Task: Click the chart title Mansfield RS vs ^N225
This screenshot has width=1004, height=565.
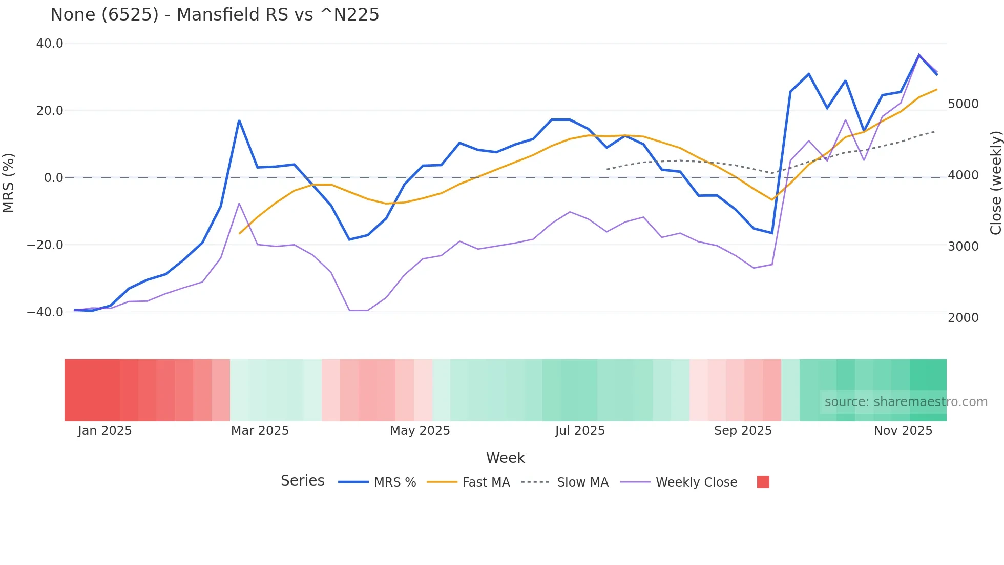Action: tap(215, 14)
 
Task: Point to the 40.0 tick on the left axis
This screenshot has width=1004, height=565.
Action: tap(50, 44)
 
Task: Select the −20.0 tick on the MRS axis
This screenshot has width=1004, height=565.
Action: tap(45, 245)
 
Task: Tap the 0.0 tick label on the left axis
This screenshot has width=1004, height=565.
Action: tap(53, 178)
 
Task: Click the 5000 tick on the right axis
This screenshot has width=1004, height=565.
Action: tap(963, 104)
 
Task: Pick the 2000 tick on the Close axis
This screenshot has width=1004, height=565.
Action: tap(963, 317)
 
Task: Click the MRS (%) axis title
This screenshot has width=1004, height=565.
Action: tap(9, 183)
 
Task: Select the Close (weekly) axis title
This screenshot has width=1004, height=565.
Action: tap(995, 183)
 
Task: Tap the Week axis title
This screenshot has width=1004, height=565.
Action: tap(505, 458)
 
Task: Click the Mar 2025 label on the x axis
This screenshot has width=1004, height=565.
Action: tap(260, 431)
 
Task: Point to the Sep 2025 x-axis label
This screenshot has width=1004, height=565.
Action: tap(743, 431)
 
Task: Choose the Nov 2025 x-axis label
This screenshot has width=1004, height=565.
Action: tap(903, 431)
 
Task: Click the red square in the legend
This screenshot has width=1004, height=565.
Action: tap(763, 482)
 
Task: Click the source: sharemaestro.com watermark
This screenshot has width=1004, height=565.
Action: tap(906, 402)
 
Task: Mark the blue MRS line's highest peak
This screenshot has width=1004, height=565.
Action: tap(919, 55)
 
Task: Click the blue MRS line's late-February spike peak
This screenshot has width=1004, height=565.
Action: tap(239, 120)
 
